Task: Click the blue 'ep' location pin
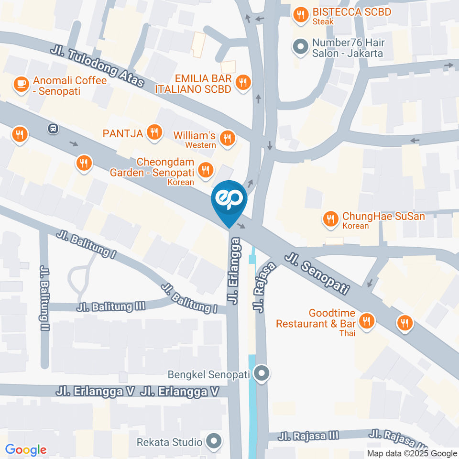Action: click(229, 200)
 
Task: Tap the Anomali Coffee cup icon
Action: click(21, 84)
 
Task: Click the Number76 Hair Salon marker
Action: click(300, 47)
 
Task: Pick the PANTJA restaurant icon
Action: click(154, 132)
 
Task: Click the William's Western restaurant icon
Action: click(227, 139)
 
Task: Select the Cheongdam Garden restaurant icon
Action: click(206, 169)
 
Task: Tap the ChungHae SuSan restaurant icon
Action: click(330, 219)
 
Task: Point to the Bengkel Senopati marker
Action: click(261, 374)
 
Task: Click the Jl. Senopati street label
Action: click(317, 274)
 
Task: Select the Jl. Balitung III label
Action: click(110, 306)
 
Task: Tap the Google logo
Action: click(26, 449)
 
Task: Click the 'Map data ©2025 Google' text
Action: click(412, 453)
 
